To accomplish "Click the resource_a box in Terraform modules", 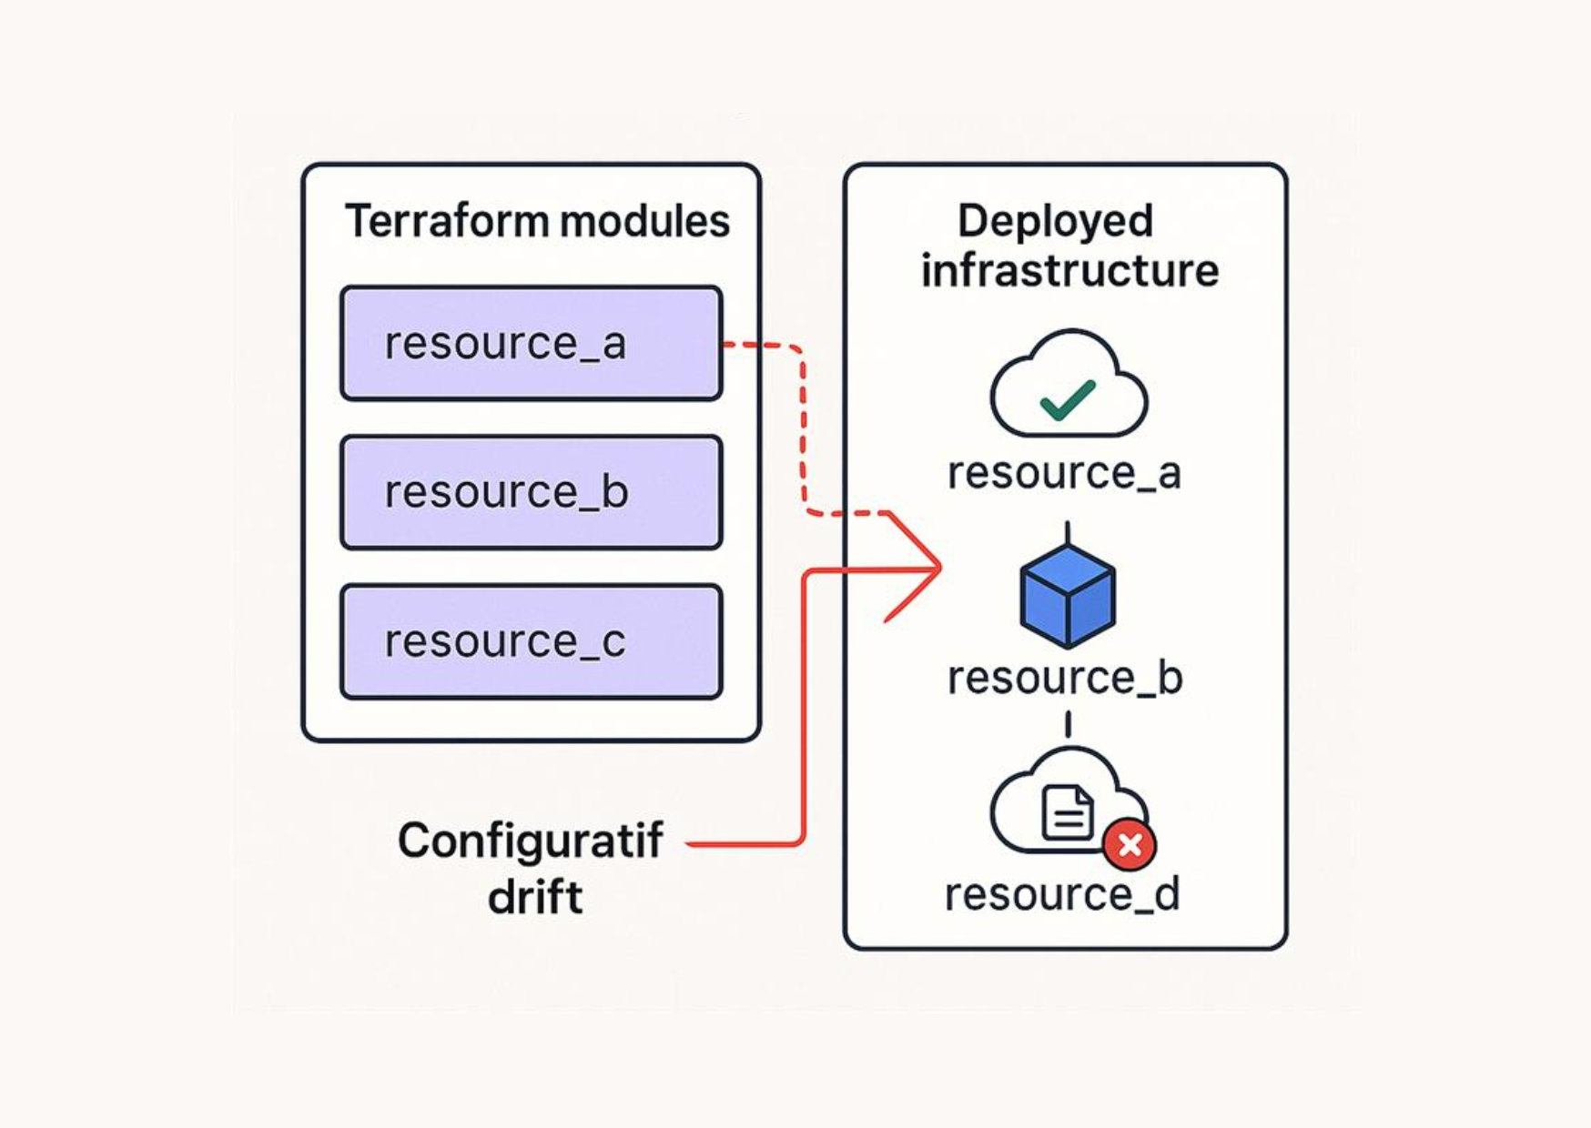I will click(x=531, y=344).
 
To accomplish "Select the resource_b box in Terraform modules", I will click(x=531, y=492).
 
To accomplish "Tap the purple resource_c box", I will click(x=531, y=641).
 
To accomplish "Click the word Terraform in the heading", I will click(x=445, y=221).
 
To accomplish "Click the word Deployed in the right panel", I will click(x=1055, y=221).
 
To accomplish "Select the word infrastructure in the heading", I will click(x=1069, y=271).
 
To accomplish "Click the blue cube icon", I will click(x=1067, y=596).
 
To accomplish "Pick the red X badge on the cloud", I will click(x=1130, y=845).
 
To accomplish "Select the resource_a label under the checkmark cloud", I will click(x=1064, y=473).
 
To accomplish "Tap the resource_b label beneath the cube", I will click(x=1064, y=678).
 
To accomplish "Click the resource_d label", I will click(x=1062, y=894).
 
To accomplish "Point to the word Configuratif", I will click(x=530, y=841).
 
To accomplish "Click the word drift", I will click(x=534, y=898).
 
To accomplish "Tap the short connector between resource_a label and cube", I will click(x=1067, y=532).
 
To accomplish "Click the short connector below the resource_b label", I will click(x=1067, y=724).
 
